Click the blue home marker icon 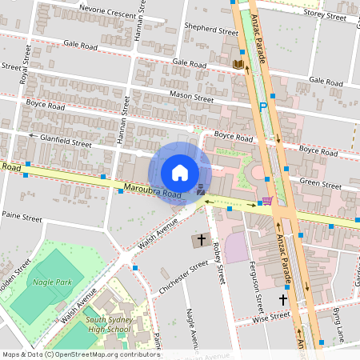tap(180, 173)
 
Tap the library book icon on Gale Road tap(238, 64)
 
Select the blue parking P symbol tap(262, 106)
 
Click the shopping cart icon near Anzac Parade tap(267, 201)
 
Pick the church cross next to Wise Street tap(282, 299)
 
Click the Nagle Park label tap(53, 282)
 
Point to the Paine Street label tap(22, 217)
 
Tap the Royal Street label tap(26, 64)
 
